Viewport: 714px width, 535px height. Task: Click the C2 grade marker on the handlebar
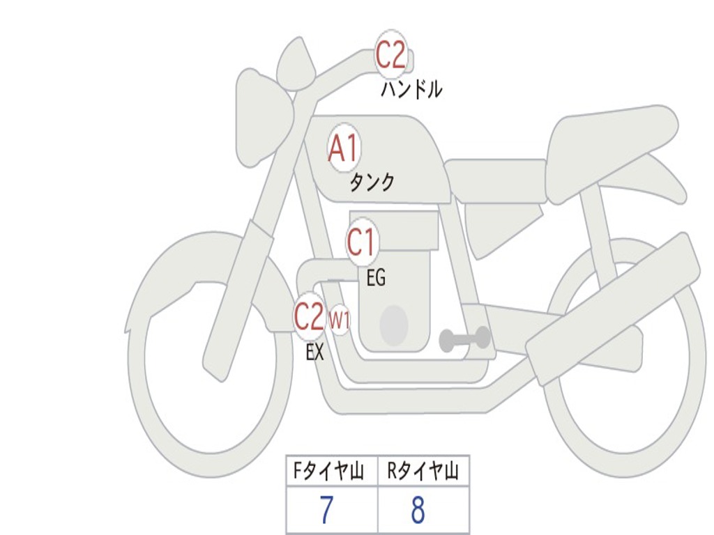pyautogui.click(x=390, y=55)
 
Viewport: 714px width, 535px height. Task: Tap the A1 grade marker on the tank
pyautogui.click(x=343, y=148)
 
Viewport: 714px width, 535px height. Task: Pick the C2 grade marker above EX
pyautogui.click(x=309, y=316)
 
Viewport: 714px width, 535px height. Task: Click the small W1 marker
pyautogui.click(x=339, y=320)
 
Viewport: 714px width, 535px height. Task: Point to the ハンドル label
pyautogui.click(x=411, y=89)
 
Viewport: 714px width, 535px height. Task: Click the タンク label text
pyautogui.click(x=372, y=183)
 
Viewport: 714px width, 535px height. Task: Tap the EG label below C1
pyautogui.click(x=375, y=279)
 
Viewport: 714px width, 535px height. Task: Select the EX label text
pyautogui.click(x=314, y=352)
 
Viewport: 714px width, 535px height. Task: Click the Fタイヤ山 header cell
pyautogui.click(x=331, y=472)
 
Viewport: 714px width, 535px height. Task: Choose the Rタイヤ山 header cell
pyautogui.click(x=423, y=472)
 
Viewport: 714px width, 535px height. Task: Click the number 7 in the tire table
pyautogui.click(x=326, y=511)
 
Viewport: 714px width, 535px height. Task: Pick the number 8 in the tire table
pyautogui.click(x=418, y=511)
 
